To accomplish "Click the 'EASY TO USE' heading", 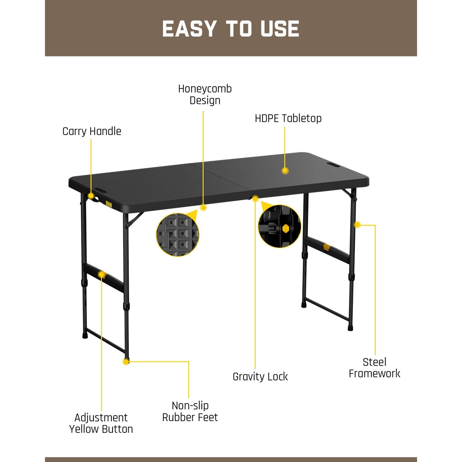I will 231,29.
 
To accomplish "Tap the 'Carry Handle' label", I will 92,132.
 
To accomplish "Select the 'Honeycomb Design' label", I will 205,95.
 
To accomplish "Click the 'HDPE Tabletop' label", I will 288,119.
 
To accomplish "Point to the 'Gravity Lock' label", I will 260,377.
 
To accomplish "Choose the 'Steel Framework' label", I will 374,368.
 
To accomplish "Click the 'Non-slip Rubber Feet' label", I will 190,411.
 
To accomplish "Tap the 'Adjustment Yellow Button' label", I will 101,423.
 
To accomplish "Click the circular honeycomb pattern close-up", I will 178,234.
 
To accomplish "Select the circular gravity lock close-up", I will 279,226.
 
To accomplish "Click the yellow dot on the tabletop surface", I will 285,171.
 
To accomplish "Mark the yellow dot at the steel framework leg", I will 357,225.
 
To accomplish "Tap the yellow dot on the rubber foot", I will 126,362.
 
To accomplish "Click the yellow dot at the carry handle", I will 91,196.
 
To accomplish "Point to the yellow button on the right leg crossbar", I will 327,247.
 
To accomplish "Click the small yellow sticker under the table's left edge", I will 108,204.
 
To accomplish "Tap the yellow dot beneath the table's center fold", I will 255,199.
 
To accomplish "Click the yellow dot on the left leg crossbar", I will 101,274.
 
